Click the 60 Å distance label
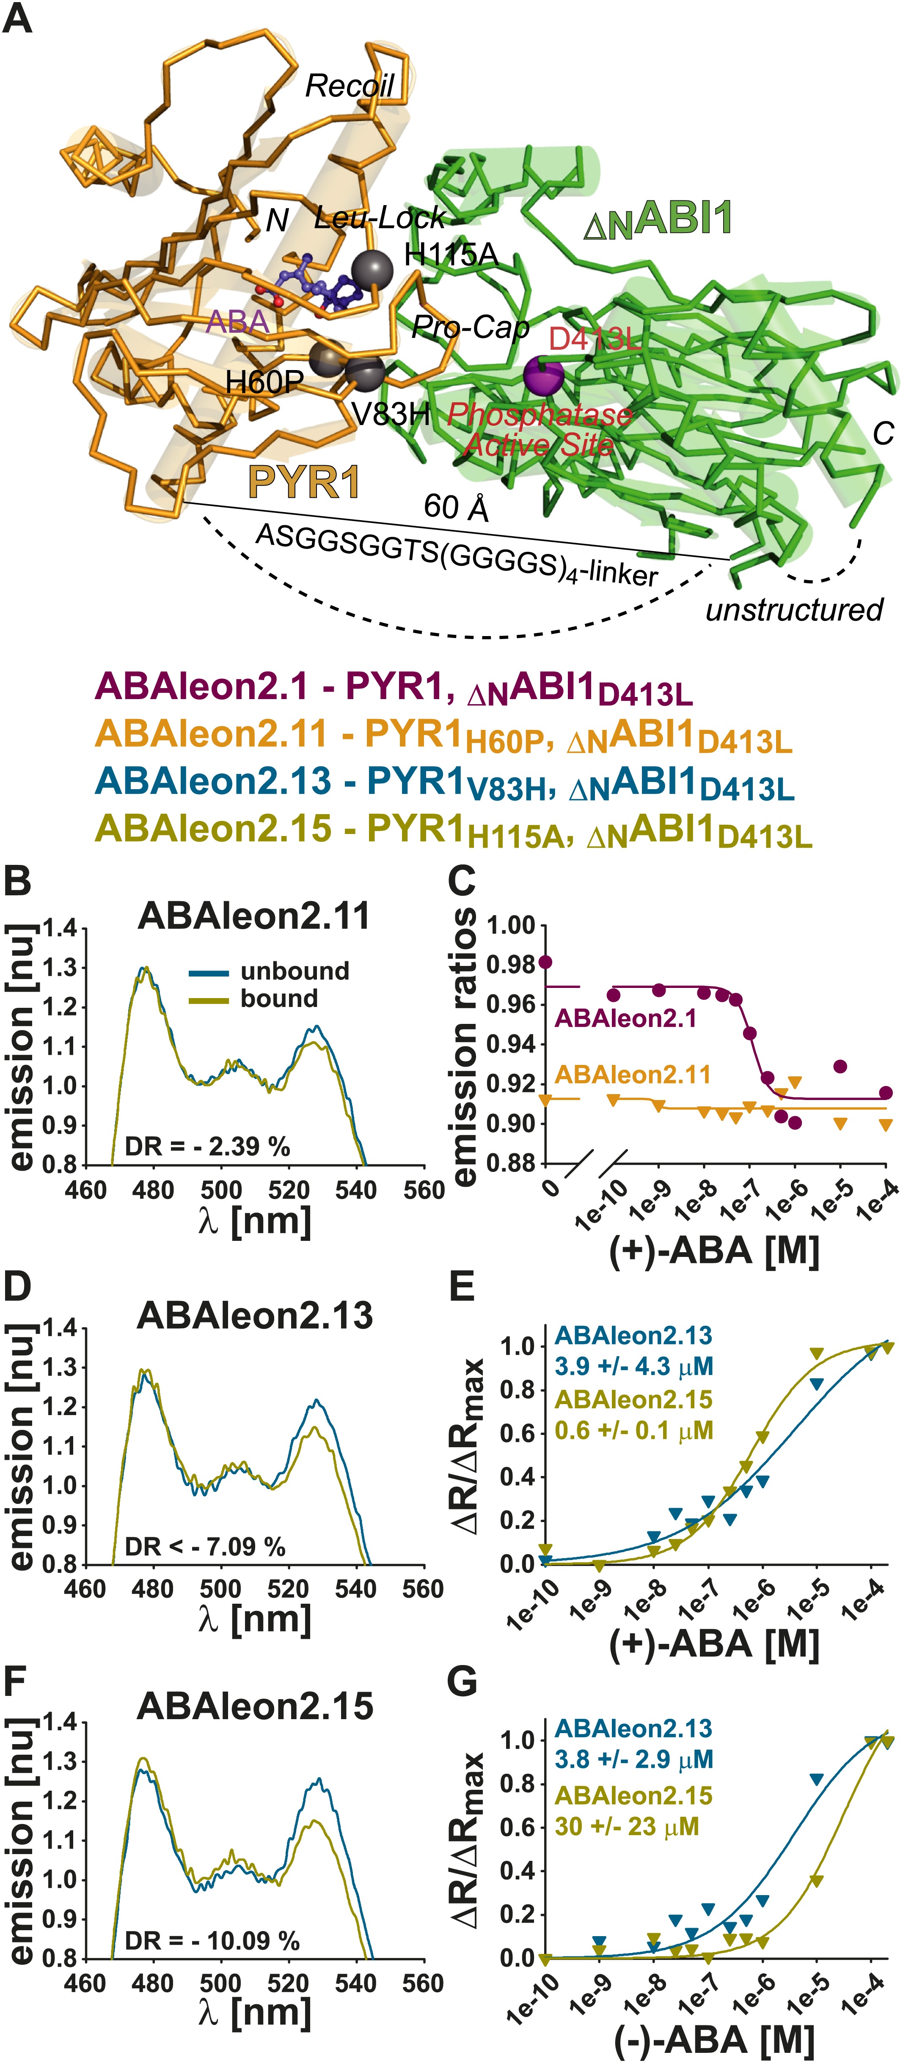click(455, 507)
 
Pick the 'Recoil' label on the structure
click(350, 86)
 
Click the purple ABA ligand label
click(237, 321)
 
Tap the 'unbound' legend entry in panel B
click(294, 971)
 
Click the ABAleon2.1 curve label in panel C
click(626, 1019)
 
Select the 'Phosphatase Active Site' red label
click(539, 429)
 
